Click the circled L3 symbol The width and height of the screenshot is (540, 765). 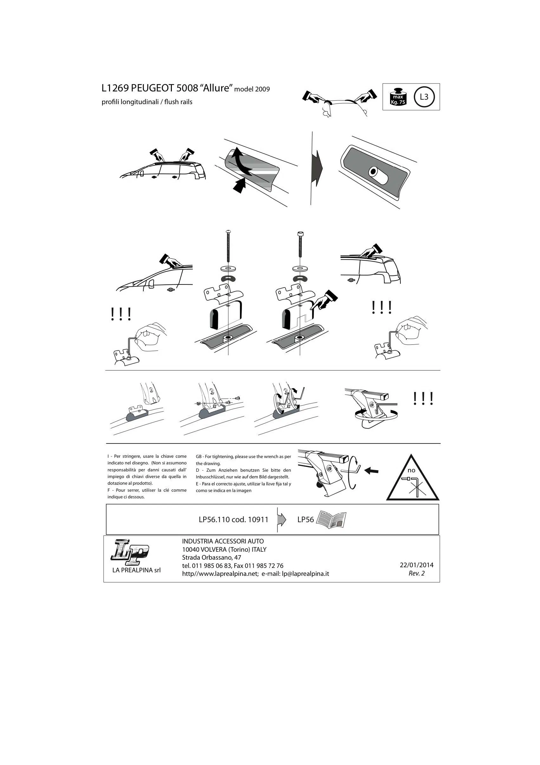click(x=424, y=97)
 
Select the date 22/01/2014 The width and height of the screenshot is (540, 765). click(x=416, y=565)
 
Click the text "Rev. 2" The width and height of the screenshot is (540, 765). click(x=416, y=573)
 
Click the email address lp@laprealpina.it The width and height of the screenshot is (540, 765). click(x=305, y=573)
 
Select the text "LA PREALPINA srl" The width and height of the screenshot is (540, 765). click(x=136, y=570)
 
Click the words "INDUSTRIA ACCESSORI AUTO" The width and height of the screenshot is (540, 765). click(x=223, y=542)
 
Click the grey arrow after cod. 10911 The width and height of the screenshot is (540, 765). click(x=281, y=519)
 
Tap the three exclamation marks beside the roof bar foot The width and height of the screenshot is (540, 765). click(x=423, y=398)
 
